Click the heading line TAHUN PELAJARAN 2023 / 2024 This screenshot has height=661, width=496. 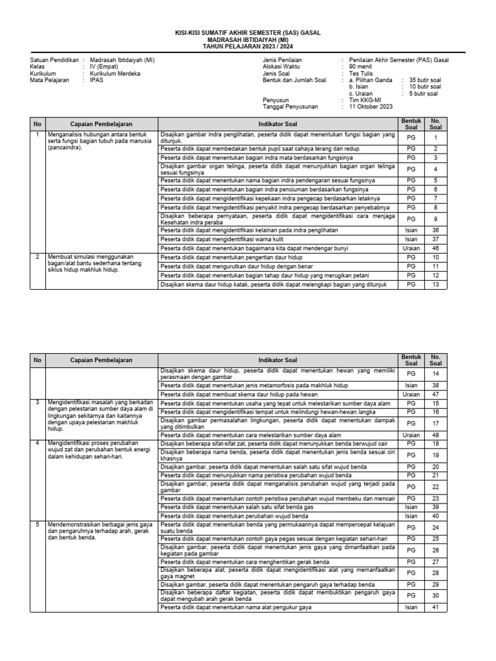point(247,47)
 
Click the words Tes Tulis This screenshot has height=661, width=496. point(361,74)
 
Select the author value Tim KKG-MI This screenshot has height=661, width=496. point(366,100)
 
